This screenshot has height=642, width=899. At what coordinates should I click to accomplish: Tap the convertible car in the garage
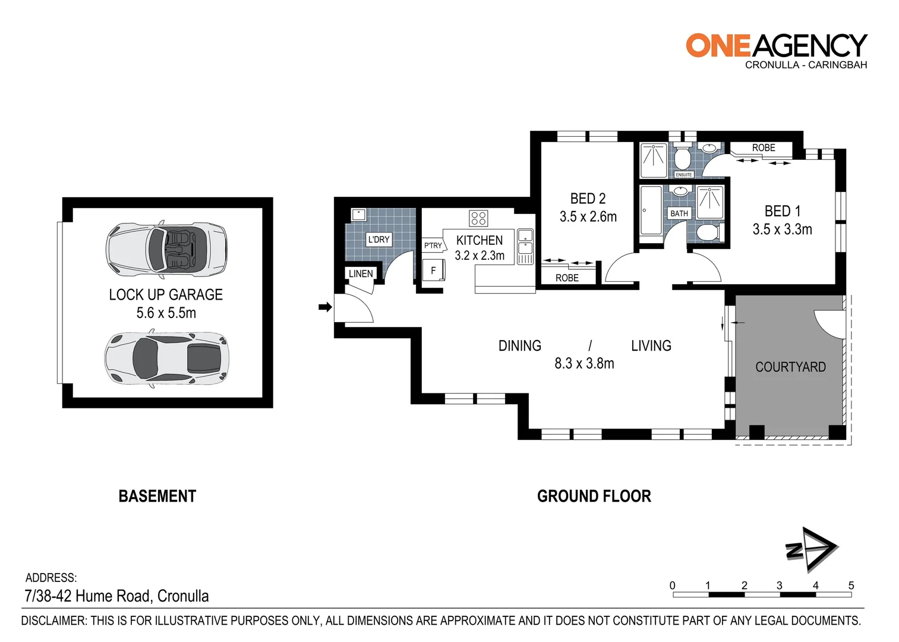(x=166, y=250)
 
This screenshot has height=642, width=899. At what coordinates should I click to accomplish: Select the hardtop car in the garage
(x=166, y=358)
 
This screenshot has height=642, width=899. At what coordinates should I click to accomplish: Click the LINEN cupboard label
(x=361, y=273)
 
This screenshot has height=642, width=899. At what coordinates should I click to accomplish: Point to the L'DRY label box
(x=378, y=240)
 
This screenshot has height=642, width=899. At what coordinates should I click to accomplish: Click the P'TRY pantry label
(x=433, y=246)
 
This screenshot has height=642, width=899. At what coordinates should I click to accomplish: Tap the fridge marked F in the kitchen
(x=433, y=270)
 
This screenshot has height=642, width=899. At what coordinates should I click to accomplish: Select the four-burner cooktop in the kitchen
(x=478, y=218)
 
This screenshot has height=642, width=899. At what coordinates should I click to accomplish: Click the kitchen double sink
(x=525, y=246)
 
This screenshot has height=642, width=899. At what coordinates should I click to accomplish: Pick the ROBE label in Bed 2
(x=567, y=278)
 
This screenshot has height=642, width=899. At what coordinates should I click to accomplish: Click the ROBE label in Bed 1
(x=764, y=147)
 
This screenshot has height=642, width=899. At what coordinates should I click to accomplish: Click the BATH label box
(x=679, y=213)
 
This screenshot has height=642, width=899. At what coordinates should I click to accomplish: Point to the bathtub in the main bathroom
(x=651, y=210)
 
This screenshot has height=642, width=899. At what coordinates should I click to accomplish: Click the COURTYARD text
(x=790, y=367)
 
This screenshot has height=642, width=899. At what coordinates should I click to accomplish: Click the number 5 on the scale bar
(x=851, y=586)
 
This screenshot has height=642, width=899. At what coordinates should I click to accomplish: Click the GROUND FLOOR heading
(x=594, y=496)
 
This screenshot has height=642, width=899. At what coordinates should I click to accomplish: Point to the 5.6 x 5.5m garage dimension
(x=166, y=313)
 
